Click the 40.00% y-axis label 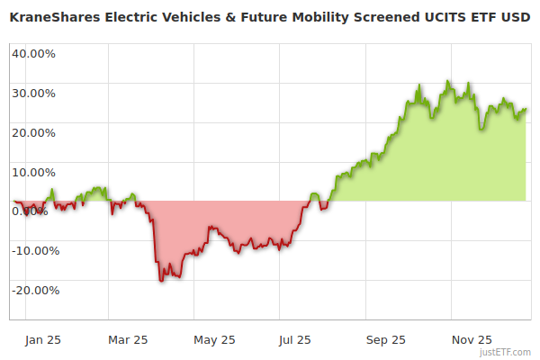33,53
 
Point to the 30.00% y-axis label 33,93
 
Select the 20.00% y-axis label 33,132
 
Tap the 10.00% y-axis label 33,172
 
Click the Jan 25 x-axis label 42,340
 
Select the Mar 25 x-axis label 128,340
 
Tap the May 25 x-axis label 214,340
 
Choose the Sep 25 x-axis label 385,340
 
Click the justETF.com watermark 506,352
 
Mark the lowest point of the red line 162,282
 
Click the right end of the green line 526,109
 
